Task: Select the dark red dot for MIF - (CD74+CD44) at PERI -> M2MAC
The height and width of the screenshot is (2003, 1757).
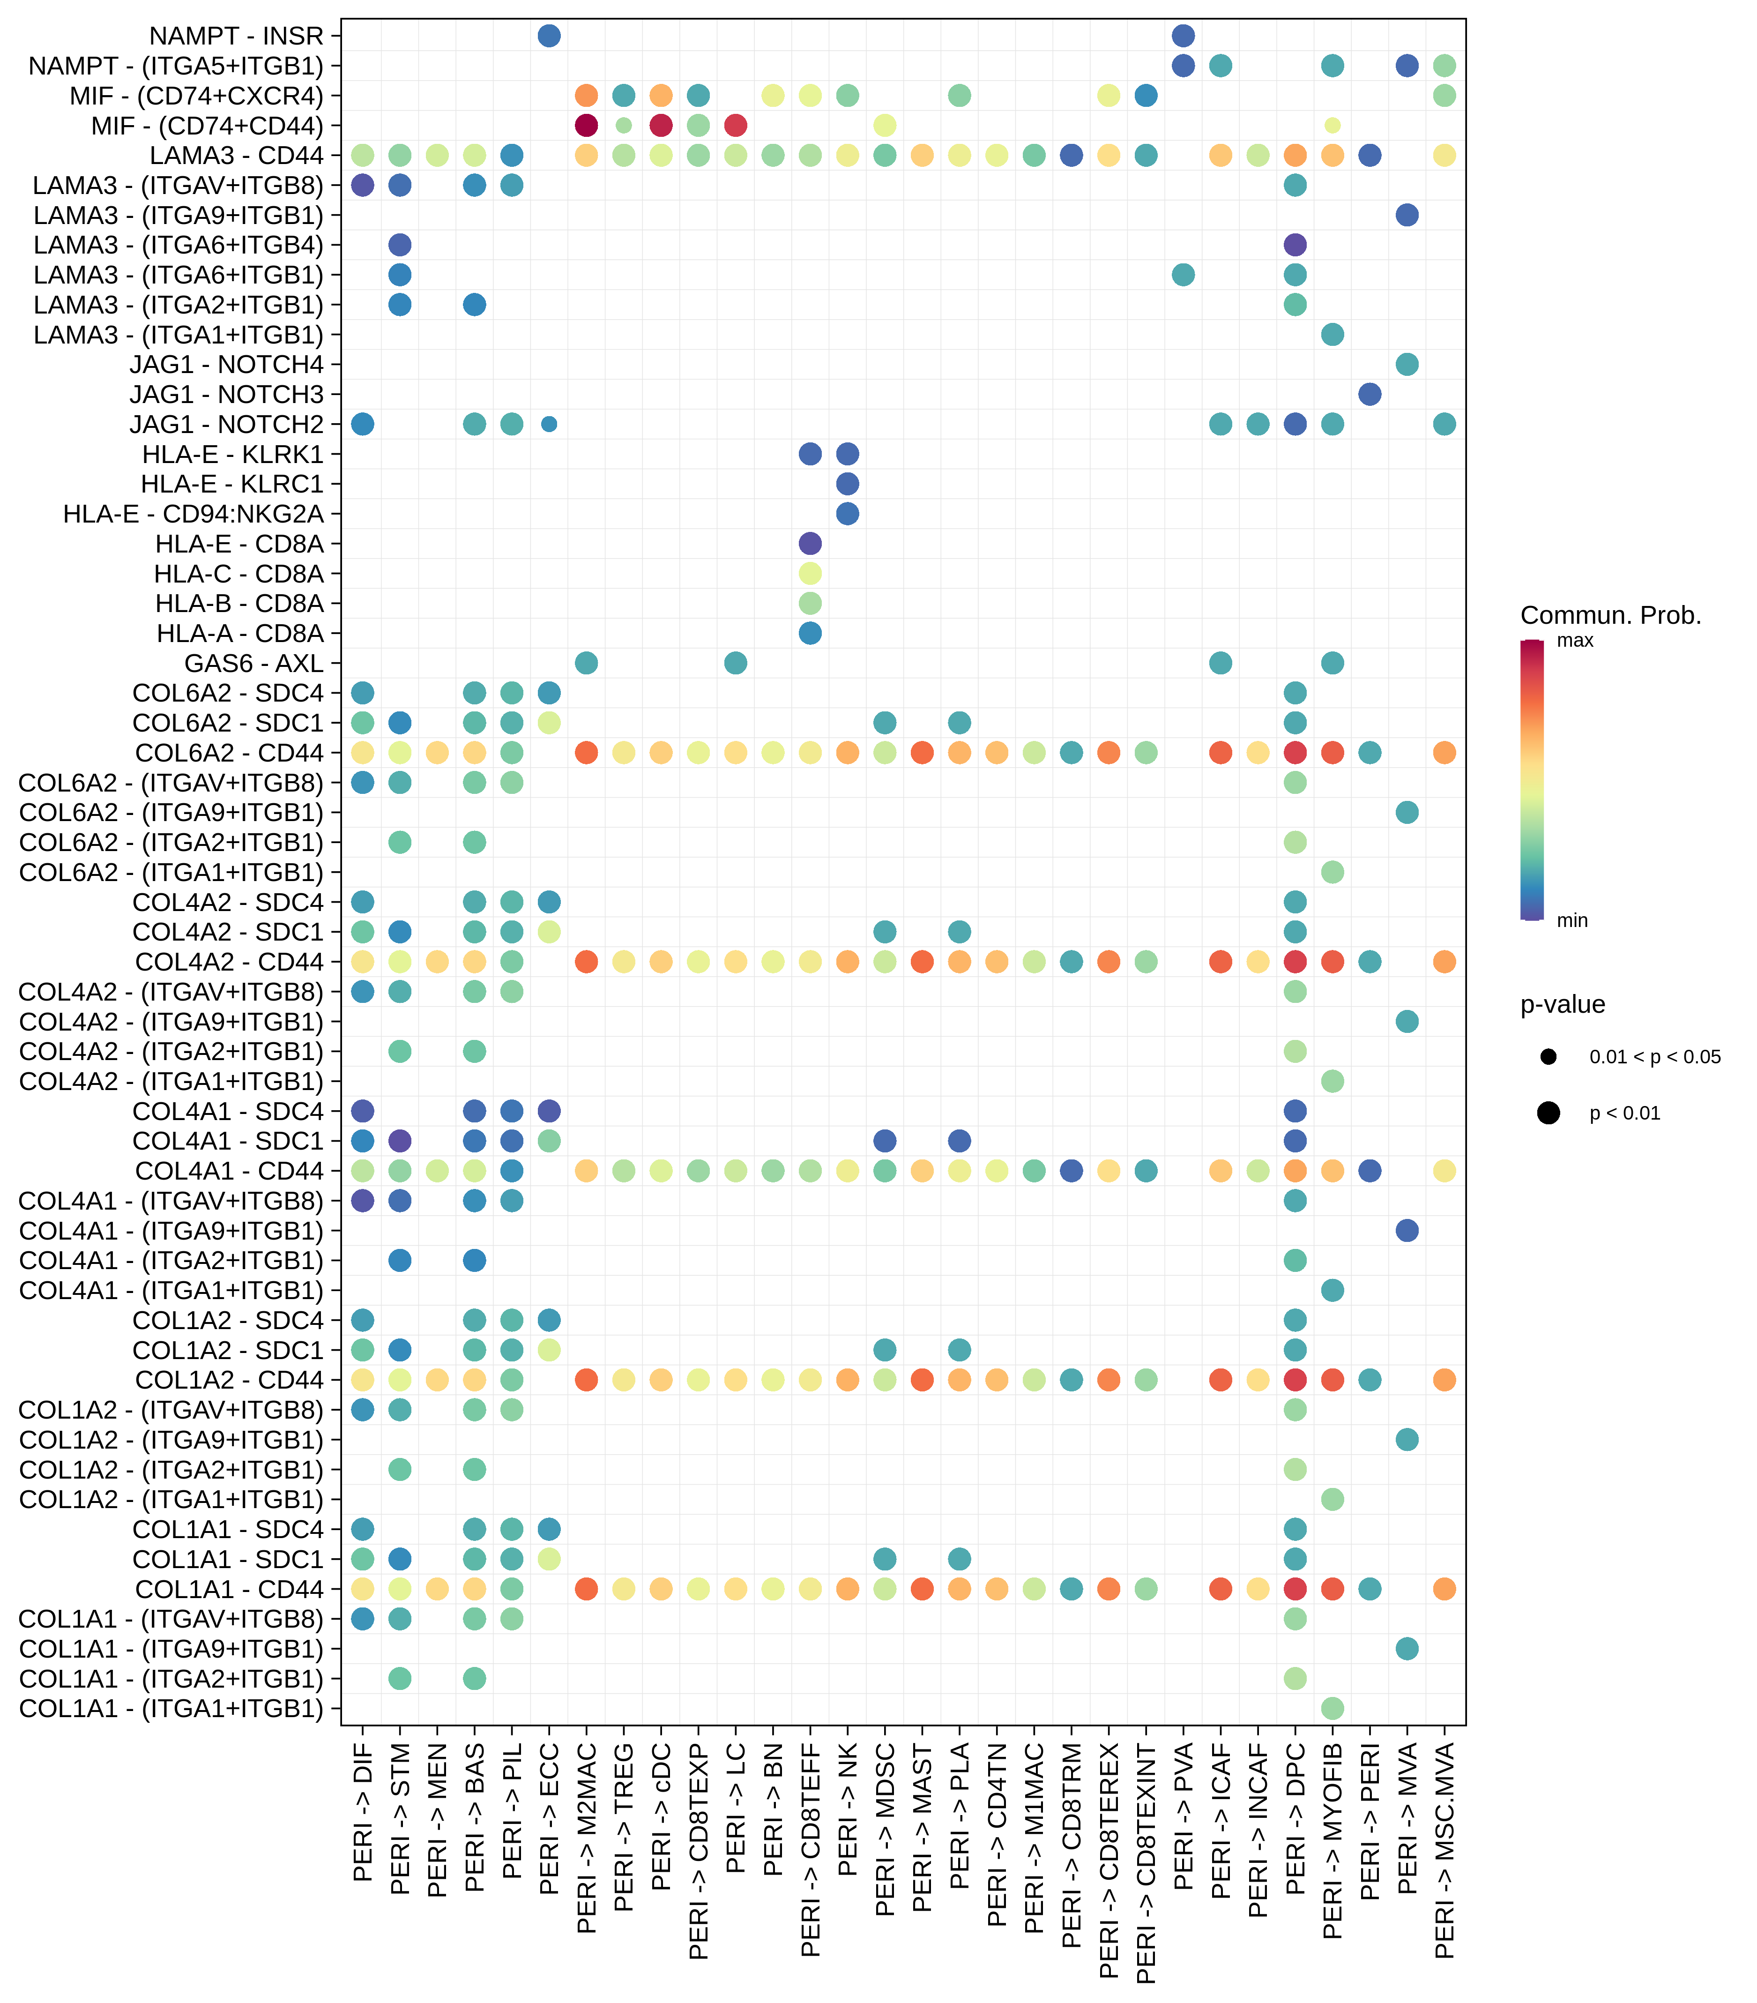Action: (586, 126)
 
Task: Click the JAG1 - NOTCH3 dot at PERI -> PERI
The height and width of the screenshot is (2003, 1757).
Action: (1370, 394)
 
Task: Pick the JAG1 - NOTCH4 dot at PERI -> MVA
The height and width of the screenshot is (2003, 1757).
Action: (1407, 365)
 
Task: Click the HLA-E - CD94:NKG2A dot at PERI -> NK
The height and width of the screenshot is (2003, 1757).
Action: (848, 514)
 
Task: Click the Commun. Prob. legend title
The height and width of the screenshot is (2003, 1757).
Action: (1610, 615)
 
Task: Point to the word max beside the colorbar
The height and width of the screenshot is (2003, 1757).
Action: (1575, 641)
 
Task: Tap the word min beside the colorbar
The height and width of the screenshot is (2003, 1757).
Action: (1572, 920)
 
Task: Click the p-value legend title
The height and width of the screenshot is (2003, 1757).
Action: (1562, 1004)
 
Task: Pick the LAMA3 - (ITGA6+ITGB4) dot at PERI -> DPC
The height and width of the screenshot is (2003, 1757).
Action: (1295, 245)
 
